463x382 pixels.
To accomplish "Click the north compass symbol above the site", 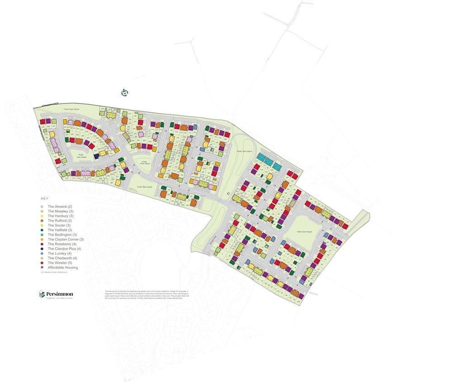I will tap(125, 93).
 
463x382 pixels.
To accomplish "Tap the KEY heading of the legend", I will tap(44, 199).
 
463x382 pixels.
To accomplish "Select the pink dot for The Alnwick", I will tap(42, 206).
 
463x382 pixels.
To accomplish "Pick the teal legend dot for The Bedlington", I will tap(42, 235).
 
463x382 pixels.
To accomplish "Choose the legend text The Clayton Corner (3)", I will tap(66, 239).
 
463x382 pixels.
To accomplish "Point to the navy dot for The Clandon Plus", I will tap(42, 249).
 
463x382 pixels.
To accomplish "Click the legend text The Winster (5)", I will tap(60, 263).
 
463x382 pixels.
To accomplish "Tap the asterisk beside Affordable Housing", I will tap(42, 267).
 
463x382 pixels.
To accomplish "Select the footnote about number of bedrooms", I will tap(54, 272).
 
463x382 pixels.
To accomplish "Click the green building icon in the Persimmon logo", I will tap(42, 294).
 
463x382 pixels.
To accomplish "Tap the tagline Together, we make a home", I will tap(57, 299).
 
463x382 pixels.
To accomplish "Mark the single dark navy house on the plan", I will tap(96, 156).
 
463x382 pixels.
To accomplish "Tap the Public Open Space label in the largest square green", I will tap(304, 232).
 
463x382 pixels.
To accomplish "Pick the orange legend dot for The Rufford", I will tap(42, 221).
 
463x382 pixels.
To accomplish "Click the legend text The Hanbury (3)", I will tap(61, 216).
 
